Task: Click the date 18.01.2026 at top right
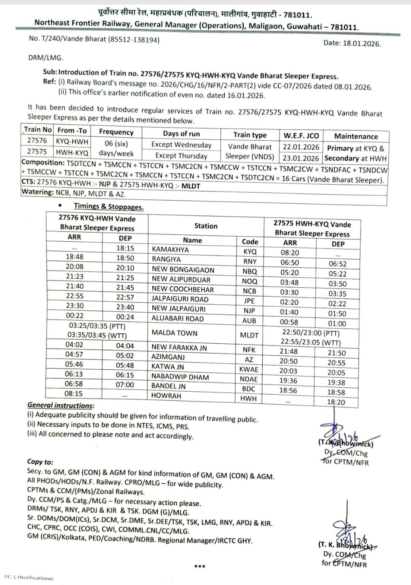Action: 361,44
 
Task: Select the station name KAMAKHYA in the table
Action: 170,250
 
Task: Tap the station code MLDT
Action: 249,335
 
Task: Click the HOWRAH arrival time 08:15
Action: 74,394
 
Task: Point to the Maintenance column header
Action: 356,136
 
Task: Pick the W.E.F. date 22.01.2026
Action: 301,147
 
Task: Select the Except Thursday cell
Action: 181,156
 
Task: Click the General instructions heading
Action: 61,405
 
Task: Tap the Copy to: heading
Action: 40,462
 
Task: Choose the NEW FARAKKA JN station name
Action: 179,348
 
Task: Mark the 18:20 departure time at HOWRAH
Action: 336,402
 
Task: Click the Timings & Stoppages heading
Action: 109,207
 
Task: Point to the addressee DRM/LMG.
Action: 46,58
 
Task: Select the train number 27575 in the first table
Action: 37,152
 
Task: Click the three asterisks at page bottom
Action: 199,567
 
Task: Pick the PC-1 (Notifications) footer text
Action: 28,578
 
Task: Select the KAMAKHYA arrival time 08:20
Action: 290,253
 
